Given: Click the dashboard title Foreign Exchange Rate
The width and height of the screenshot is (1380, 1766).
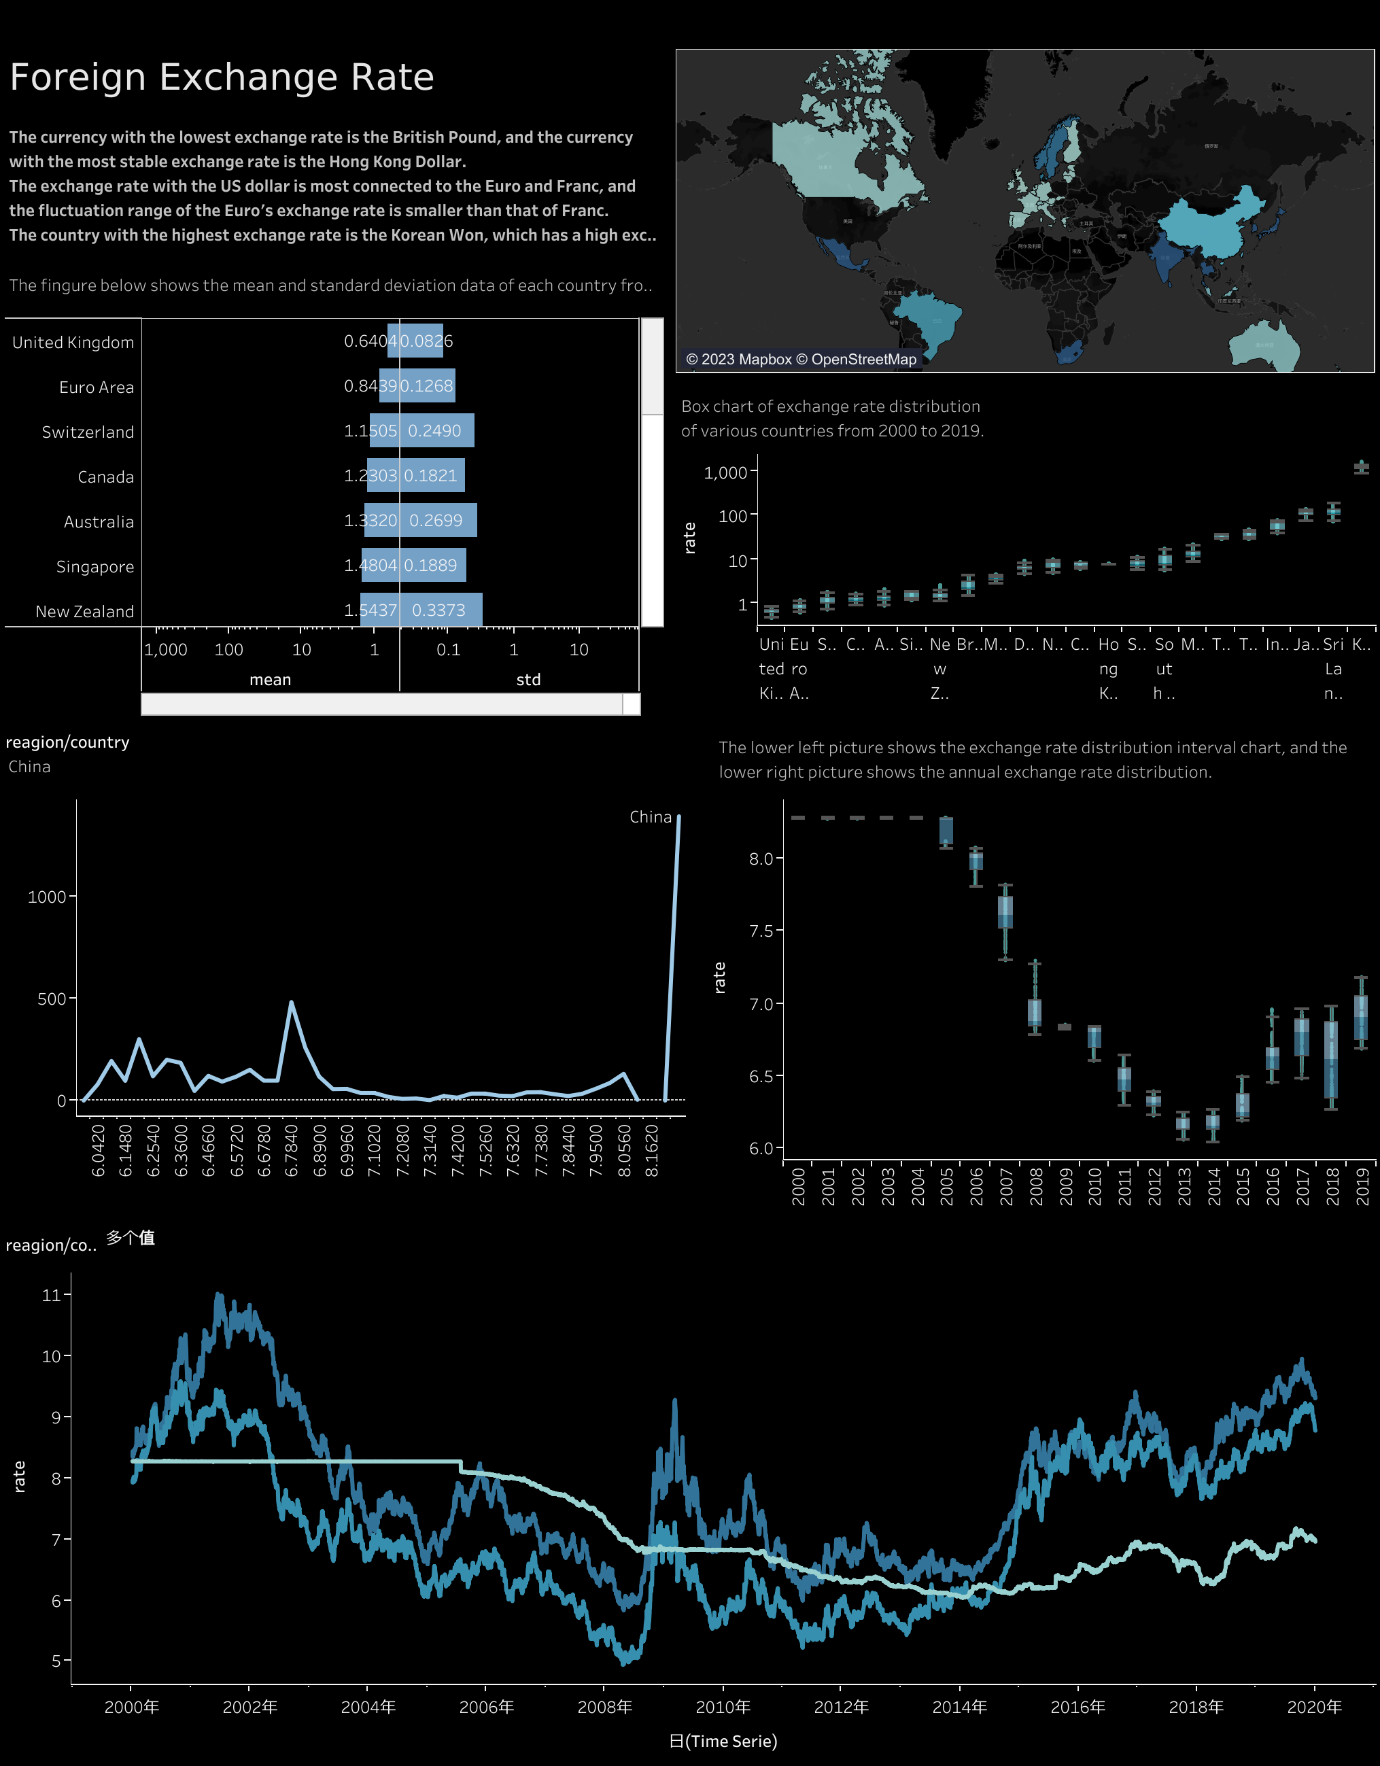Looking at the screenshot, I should pyautogui.click(x=222, y=77).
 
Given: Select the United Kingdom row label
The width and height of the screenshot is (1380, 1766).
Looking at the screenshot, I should pyautogui.click(x=73, y=342).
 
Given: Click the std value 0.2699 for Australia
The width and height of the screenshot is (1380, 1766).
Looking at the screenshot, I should pyautogui.click(x=436, y=520).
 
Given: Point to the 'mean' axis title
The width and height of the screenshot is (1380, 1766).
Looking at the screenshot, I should pyautogui.click(x=270, y=679).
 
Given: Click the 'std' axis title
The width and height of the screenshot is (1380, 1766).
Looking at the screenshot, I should pyautogui.click(x=528, y=679).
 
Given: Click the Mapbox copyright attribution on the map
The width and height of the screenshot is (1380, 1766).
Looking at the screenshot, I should pyautogui.click(x=800, y=359).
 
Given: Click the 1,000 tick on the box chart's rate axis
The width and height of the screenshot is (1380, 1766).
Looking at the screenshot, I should pyautogui.click(x=725, y=472).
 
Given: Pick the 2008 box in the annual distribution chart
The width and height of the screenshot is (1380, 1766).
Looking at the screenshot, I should pyautogui.click(x=1034, y=1011).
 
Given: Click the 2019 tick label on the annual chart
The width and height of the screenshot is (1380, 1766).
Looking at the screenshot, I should pyautogui.click(x=1362, y=1186).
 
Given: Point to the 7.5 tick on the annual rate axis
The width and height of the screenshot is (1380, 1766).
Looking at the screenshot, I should pyautogui.click(x=761, y=931).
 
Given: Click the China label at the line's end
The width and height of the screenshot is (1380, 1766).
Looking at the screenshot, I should pyautogui.click(x=650, y=816).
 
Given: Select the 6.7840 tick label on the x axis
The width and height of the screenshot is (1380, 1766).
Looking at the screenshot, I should pyautogui.click(x=291, y=1150).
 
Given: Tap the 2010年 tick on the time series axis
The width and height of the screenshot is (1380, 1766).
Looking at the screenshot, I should pyautogui.click(x=723, y=1706).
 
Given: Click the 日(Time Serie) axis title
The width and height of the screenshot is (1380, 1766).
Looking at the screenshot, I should pyautogui.click(x=723, y=1741).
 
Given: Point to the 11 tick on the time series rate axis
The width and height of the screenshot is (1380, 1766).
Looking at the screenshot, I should pyautogui.click(x=52, y=1294).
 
